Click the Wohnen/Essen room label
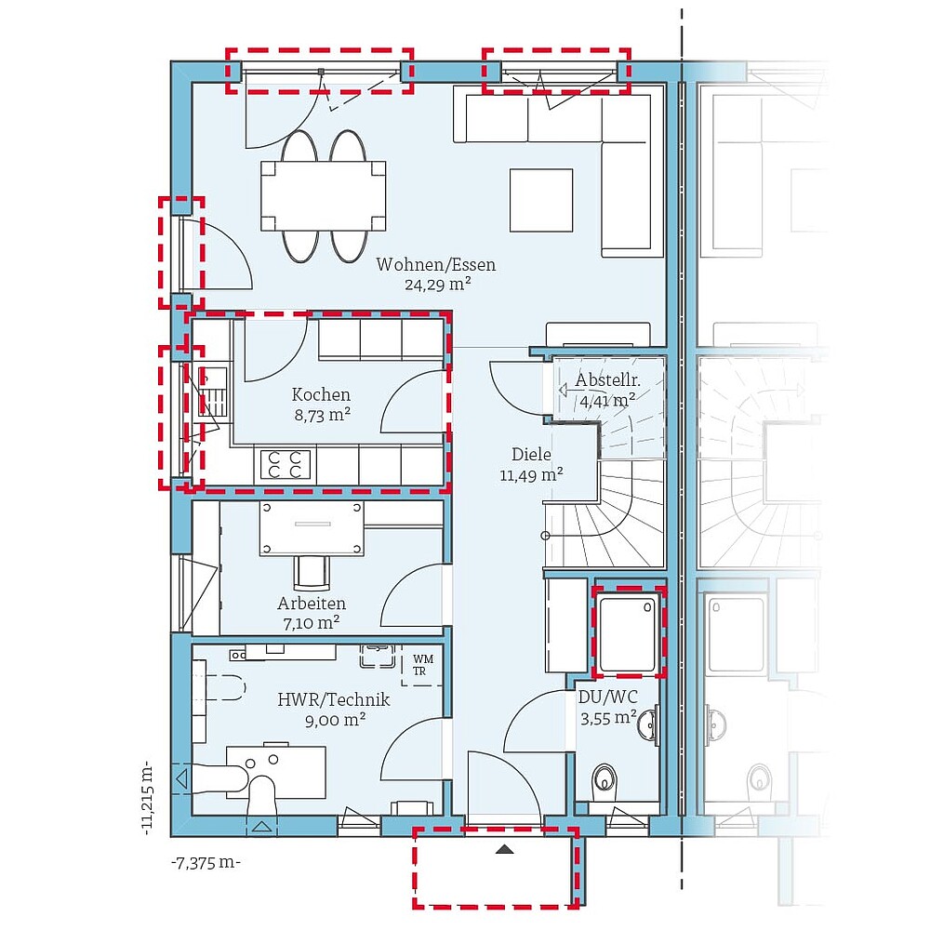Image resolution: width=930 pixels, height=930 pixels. coord(436,264)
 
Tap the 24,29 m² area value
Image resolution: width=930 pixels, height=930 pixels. coord(438,284)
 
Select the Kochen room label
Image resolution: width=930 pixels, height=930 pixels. coord(321,394)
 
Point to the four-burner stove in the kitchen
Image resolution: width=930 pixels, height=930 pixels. coord(286,465)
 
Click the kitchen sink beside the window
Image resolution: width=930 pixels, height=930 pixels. coord(212,392)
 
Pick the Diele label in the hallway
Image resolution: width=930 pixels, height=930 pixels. coord(531,455)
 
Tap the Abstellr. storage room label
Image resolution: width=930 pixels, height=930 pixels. coord(607,379)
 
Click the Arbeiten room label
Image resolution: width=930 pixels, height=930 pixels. coord(312,604)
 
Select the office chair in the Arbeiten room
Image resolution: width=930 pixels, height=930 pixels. coord(312,572)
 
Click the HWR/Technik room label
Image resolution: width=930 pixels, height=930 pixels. coord(334,699)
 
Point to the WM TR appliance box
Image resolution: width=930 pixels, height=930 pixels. coord(423,666)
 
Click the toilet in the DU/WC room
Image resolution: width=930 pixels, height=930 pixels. coord(605,777)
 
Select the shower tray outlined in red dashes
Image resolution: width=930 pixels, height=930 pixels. coord(629,631)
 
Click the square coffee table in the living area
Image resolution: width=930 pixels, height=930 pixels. coord(541,200)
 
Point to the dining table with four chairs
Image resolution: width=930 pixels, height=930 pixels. coord(324,195)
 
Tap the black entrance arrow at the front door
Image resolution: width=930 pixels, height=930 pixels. coord(505,849)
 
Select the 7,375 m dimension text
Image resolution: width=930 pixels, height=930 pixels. coord(206,862)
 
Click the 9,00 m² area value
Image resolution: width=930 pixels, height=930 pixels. coord(335,720)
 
